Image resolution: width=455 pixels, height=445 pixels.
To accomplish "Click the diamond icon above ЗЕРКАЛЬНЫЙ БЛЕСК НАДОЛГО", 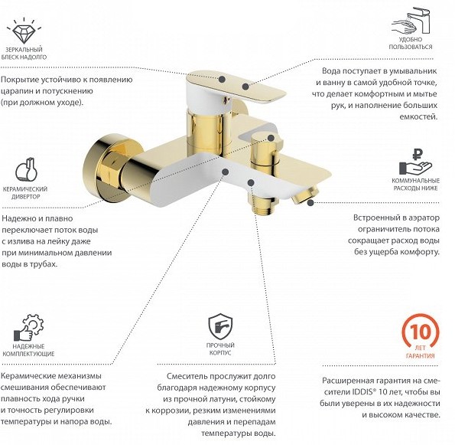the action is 24,31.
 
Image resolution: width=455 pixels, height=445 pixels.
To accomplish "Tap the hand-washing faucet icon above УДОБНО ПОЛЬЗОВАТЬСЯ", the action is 411,21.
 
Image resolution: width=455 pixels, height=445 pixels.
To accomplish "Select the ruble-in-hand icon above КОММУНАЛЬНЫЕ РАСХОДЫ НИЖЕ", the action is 415,162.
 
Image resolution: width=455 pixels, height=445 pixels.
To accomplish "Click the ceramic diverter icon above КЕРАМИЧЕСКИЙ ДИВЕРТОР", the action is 27,170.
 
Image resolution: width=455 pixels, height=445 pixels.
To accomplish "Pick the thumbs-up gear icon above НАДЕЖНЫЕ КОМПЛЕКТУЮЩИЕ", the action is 29,328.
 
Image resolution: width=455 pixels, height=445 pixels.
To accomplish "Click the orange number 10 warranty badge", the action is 421,332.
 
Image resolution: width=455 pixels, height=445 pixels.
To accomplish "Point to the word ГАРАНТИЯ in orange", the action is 420,356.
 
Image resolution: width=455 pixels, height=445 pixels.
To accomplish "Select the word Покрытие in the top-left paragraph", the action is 20,80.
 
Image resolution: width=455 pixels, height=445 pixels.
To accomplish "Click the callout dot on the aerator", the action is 310,203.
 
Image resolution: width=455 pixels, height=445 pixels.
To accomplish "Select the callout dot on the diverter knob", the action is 271,138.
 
